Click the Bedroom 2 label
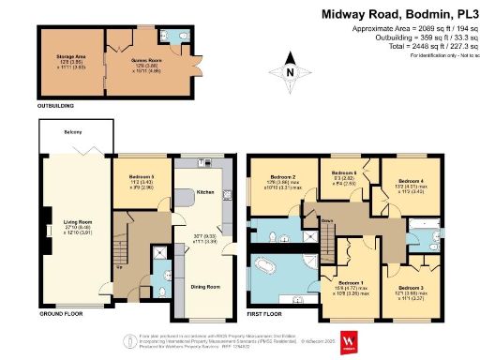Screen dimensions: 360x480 click(282, 177)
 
